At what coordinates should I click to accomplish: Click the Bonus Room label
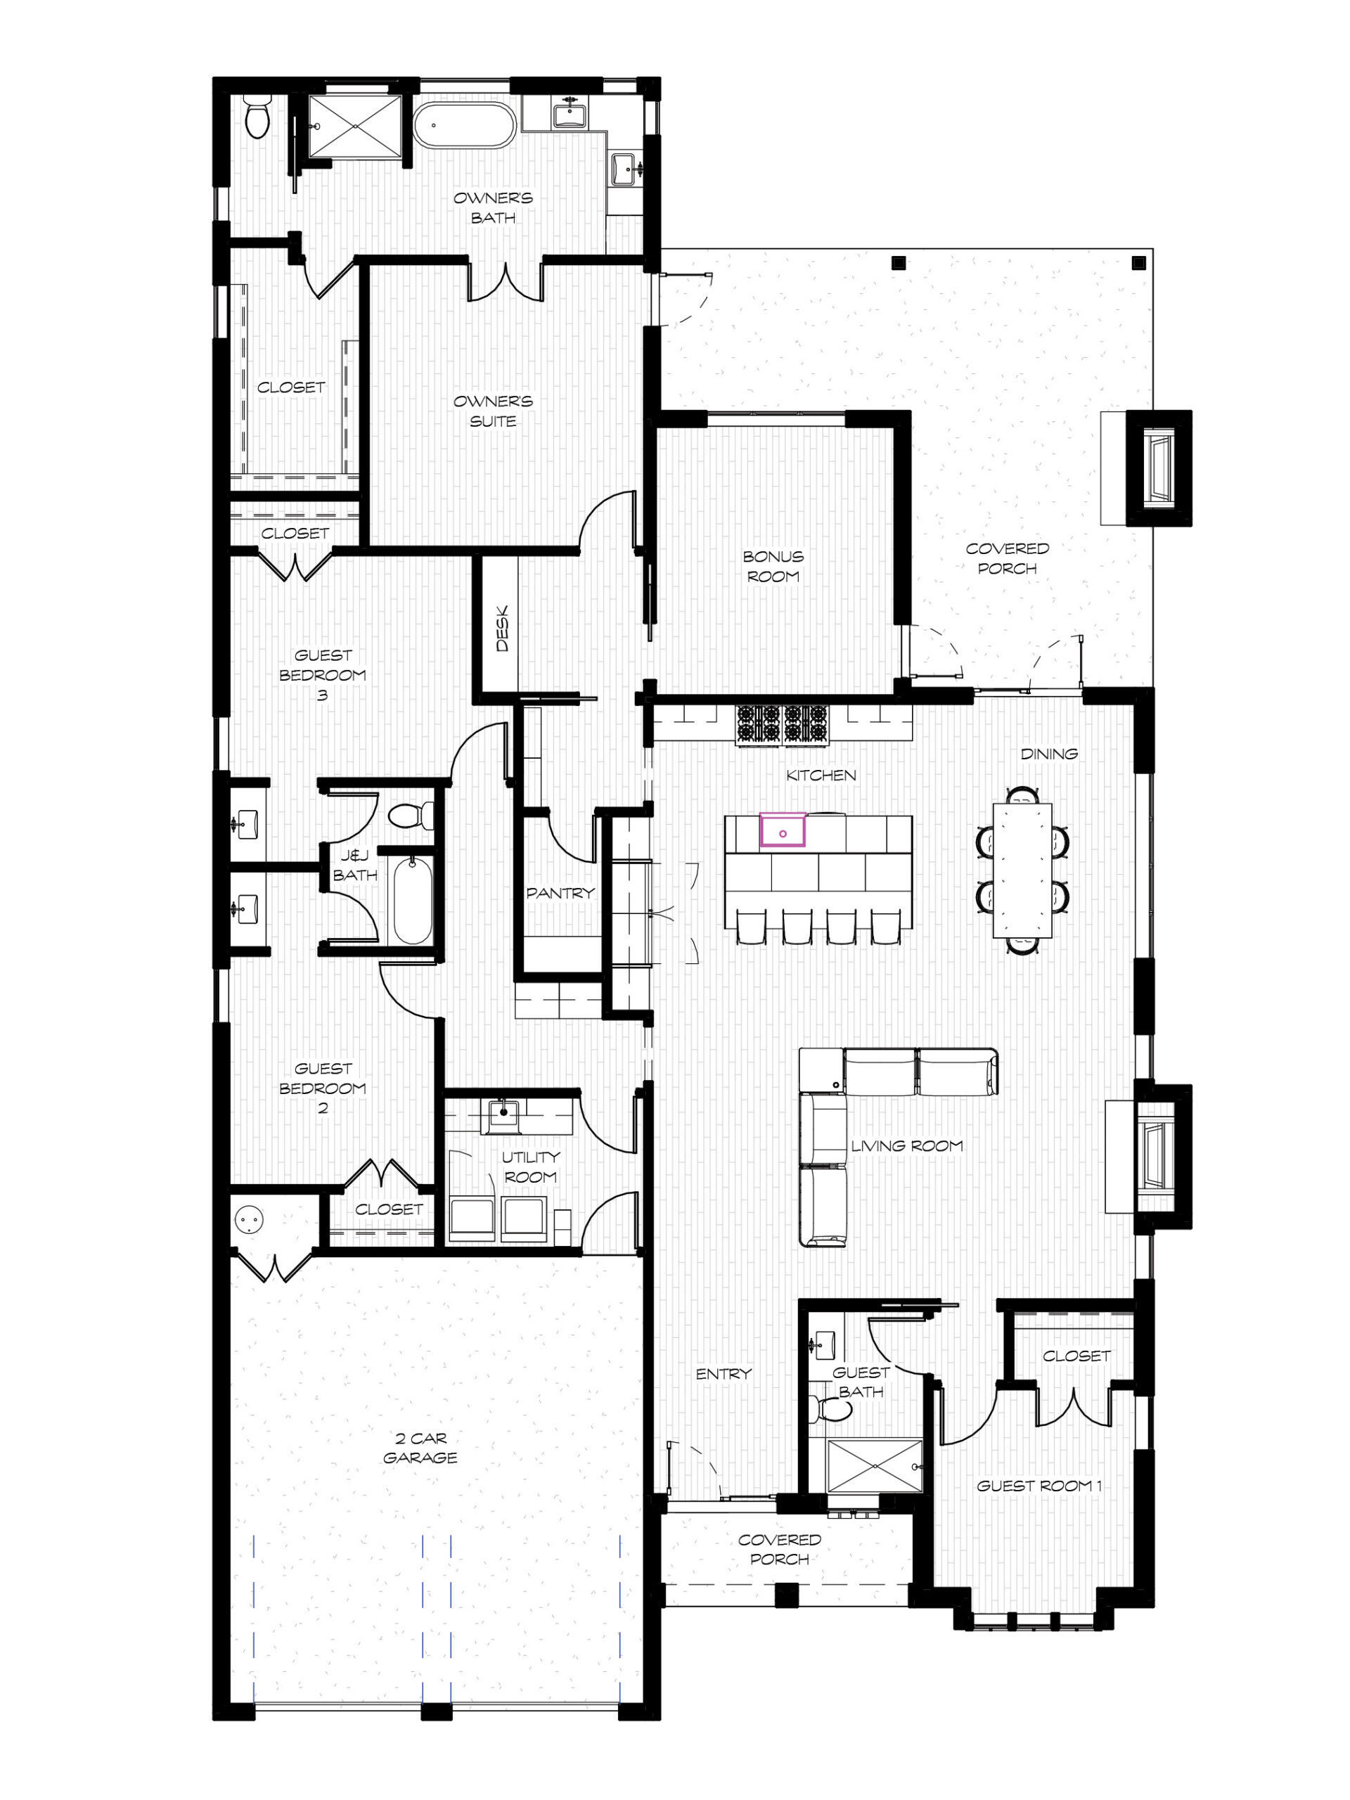tap(772, 566)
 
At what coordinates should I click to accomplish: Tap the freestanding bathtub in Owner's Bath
tap(464, 125)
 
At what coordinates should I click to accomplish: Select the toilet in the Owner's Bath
tap(257, 116)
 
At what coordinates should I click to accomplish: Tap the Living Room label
tap(906, 1146)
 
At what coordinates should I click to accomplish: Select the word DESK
tap(502, 627)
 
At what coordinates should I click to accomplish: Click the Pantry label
tap(560, 893)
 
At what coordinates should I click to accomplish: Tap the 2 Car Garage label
tap(420, 1448)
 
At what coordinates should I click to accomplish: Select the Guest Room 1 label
tap(1039, 1486)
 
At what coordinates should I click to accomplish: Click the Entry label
tap(724, 1374)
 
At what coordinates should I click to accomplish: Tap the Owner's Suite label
tap(493, 411)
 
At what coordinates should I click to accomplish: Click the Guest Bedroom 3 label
tap(323, 674)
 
